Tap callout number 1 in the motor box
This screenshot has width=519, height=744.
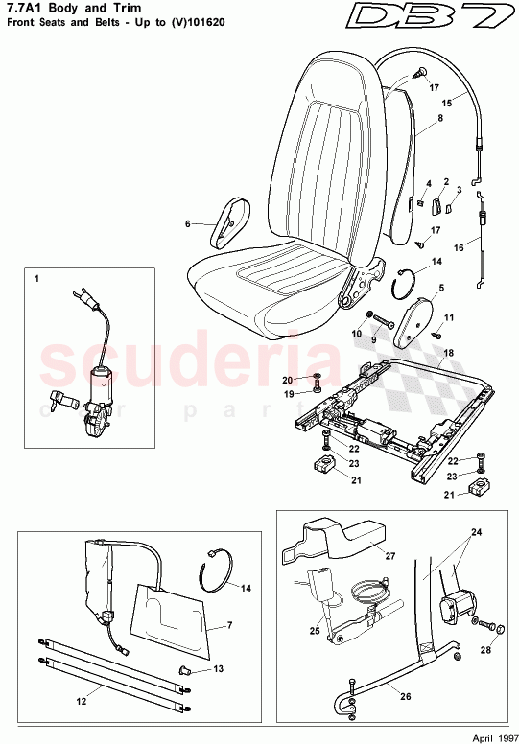(x=36, y=279)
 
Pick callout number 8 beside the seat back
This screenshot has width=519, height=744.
(x=439, y=120)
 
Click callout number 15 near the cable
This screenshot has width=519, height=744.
(x=445, y=102)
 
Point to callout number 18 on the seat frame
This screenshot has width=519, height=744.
(x=446, y=354)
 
